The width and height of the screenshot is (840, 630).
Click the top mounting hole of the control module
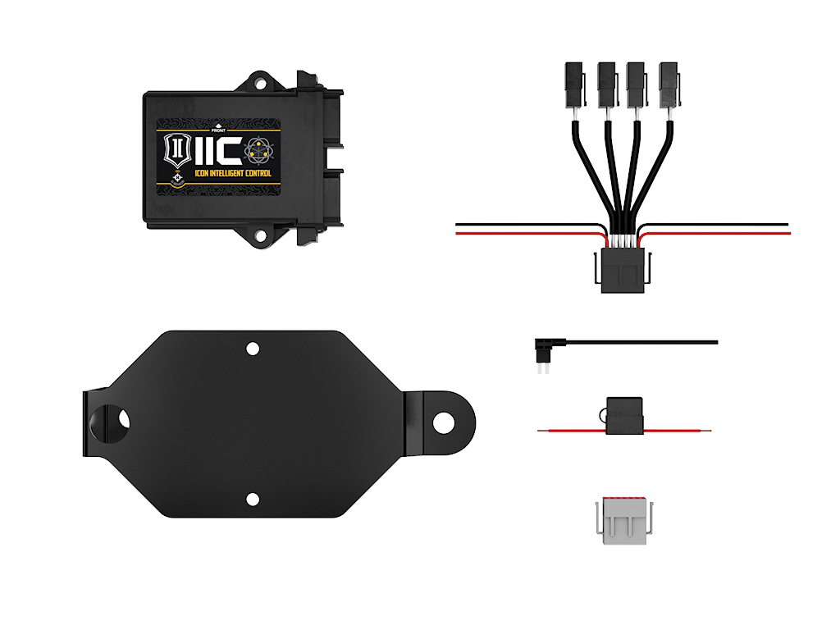click(x=261, y=82)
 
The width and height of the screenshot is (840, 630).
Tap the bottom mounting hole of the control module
click(x=261, y=236)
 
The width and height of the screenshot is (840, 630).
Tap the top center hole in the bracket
click(x=253, y=349)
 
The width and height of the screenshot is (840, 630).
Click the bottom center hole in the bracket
click(x=253, y=499)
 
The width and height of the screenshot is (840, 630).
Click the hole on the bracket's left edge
click(x=124, y=419)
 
